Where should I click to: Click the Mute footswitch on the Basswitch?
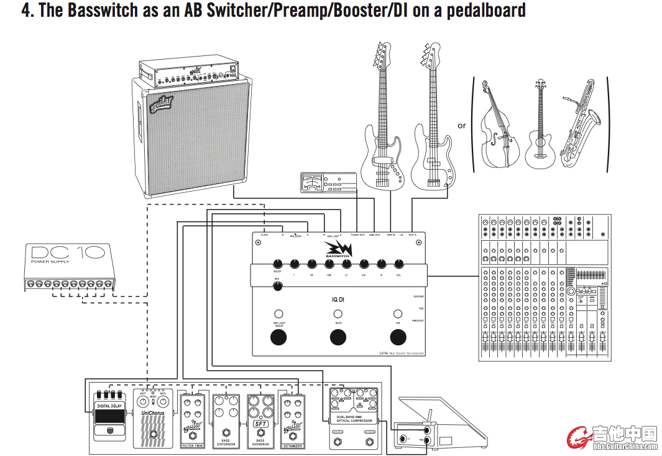(338, 338)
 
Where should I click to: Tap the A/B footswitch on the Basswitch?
(398, 338)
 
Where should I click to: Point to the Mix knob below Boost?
(277, 287)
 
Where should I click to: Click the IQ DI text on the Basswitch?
(338, 299)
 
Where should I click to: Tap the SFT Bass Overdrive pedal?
(260, 420)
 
